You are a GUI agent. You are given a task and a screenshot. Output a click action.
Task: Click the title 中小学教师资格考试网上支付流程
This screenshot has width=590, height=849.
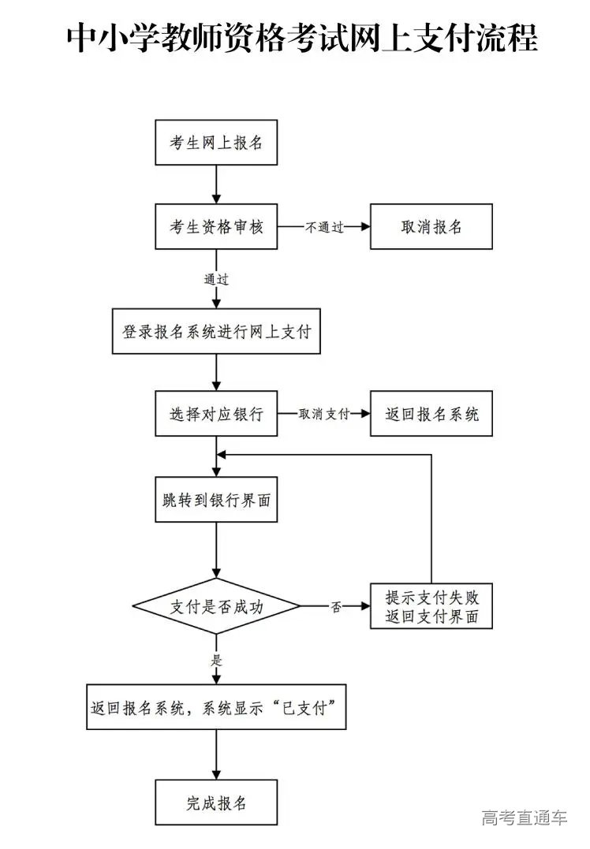(x=302, y=37)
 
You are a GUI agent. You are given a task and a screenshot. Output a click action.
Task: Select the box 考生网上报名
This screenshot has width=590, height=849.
(x=216, y=143)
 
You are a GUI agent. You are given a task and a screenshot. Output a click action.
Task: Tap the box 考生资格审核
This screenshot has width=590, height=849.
(x=216, y=226)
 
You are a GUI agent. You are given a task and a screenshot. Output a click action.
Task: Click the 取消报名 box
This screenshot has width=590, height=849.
(x=431, y=226)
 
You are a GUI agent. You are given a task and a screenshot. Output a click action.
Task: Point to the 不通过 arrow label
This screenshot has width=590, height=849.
(x=324, y=227)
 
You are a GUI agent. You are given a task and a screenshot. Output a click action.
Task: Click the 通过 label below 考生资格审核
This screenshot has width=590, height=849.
(x=216, y=279)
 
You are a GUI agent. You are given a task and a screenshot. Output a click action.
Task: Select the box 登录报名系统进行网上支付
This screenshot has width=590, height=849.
(x=216, y=331)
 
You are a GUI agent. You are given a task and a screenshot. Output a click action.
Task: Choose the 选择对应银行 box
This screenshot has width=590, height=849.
(x=216, y=414)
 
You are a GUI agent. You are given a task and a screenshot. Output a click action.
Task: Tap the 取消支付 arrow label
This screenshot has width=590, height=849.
(x=324, y=414)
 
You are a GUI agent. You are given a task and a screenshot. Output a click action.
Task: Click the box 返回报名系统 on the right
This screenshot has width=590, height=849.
(x=431, y=414)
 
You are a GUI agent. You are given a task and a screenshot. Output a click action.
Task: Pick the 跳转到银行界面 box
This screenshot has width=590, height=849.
(x=216, y=499)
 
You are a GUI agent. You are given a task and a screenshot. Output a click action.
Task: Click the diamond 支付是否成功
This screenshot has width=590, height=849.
(x=216, y=606)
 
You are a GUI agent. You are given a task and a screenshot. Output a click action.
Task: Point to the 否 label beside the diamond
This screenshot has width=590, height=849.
(x=336, y=607)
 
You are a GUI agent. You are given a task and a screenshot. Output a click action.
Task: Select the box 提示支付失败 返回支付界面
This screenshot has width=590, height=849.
(x=431, y=606)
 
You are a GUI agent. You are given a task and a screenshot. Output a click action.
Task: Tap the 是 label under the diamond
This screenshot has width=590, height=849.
(x=216, y=660)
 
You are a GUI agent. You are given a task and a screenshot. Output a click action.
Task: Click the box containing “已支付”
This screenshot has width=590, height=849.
(x=216, y=706)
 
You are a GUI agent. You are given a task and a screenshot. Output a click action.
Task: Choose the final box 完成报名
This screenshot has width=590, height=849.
(x=216, y=802)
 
